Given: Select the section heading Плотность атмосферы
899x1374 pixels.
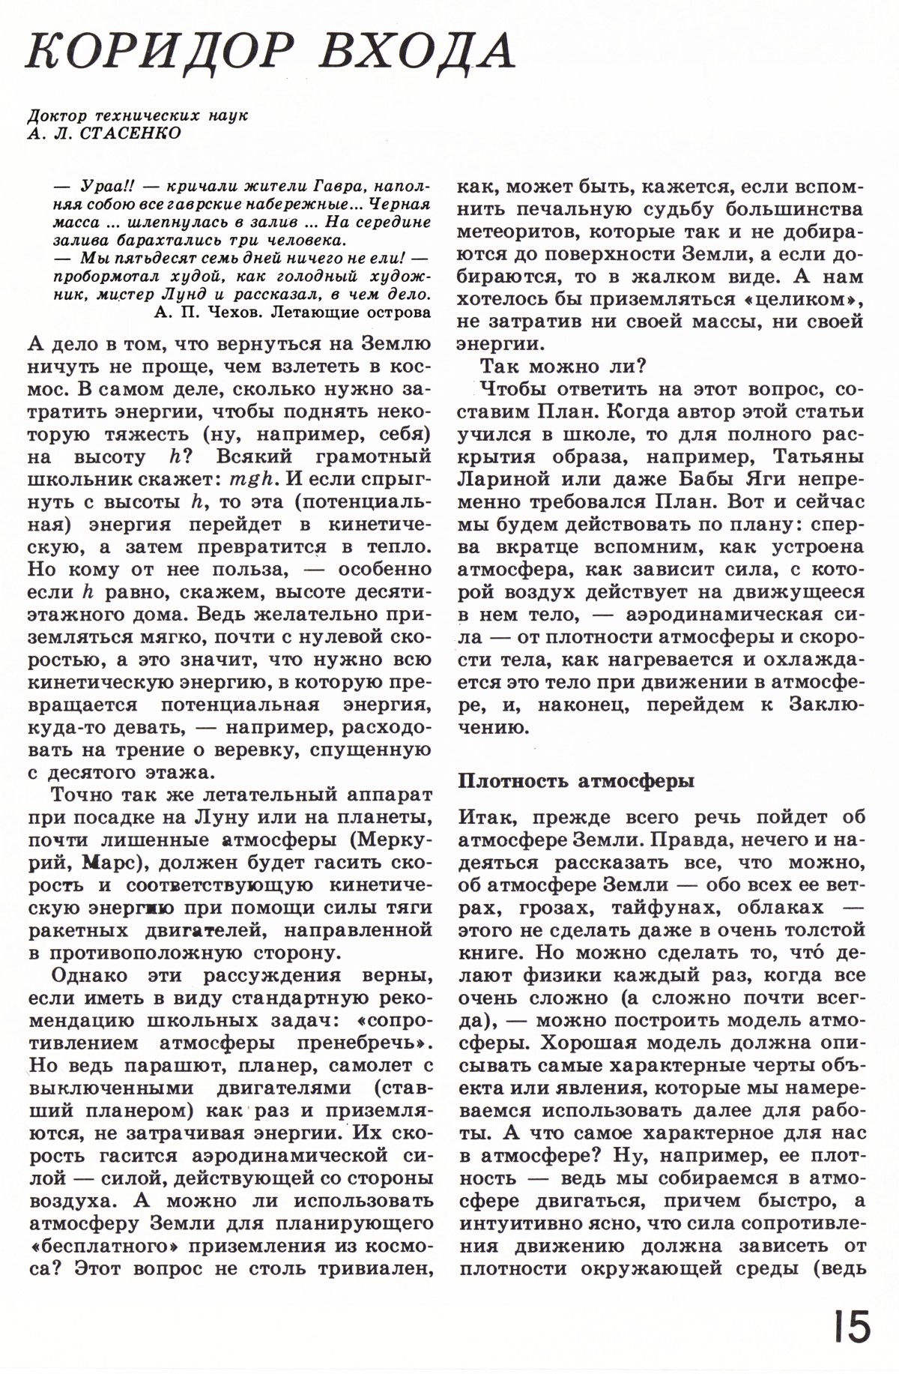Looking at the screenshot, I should (576, 780).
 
